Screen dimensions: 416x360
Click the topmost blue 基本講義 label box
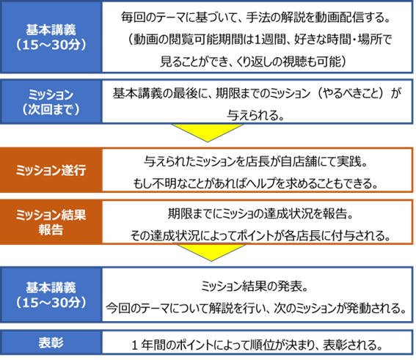51,37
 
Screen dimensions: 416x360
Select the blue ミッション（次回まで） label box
51,102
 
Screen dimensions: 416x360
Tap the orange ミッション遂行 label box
51,170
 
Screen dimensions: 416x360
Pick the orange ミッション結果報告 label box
51,222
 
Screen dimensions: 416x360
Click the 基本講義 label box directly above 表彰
51,295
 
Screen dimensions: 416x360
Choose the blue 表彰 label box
51,342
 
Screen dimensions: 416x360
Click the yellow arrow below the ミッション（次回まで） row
208,133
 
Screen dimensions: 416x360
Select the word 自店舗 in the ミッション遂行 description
298,161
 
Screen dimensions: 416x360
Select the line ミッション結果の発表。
254,286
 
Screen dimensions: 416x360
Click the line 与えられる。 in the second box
256,115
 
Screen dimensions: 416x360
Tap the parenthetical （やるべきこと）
351,93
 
